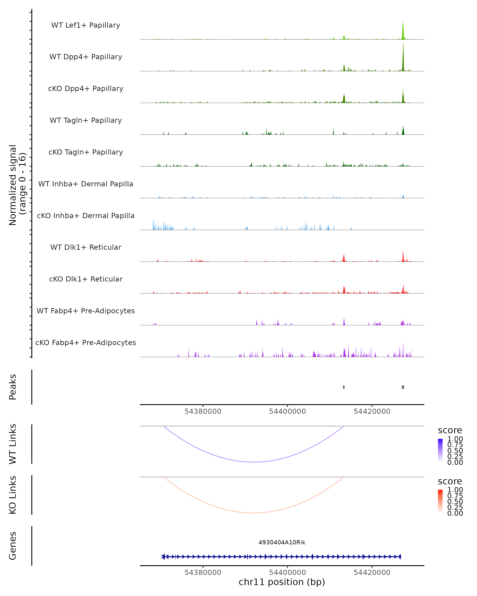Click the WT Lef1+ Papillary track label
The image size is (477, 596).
pyautogui.click(x=86, y=25)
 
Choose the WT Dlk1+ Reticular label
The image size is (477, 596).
pyautogui.click(x=86, y=247)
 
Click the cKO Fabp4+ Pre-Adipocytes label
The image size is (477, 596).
pyautogui.click(x=86, y=343)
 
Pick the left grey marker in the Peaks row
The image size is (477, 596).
pyautogui.click(x=344, y=387)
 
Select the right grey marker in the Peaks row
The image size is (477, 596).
pyautogui.click(x=403, y=387)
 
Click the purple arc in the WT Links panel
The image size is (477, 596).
pyautogui.click(x=254, y=462)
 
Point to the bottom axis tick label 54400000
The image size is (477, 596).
pyautogui.click(x=287, y=573)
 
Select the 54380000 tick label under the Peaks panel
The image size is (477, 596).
pyautogui.click(x=203, y=411)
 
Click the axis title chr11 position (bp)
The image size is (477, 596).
pyautogui.click(x=282, y=582)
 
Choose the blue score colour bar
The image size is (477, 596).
pyautogui.click(x=440, y=450)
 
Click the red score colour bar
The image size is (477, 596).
pyautogui.click(x=440, y=501)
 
